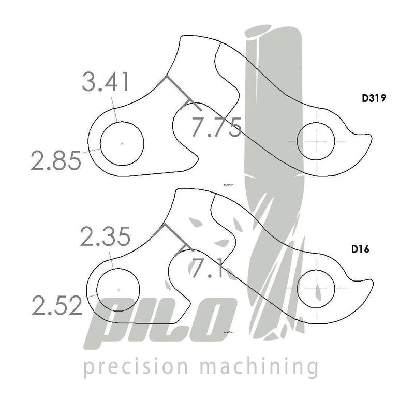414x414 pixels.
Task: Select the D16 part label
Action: [x=362, y=249]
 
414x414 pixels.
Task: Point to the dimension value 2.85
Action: [x=56, y=159]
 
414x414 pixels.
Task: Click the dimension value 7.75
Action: [x=215, y=127]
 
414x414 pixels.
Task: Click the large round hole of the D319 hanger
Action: [x=121, y=143]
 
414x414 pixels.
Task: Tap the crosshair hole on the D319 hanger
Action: [x=315, y=141]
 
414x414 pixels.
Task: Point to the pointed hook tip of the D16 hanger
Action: [x=371, y=283]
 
